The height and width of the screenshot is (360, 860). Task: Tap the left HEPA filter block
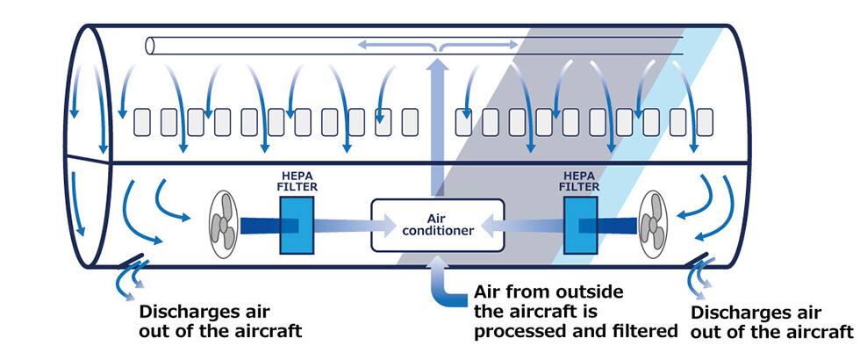(297, 225)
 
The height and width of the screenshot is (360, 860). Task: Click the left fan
(226, 225)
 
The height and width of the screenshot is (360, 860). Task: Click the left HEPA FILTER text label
(297, 182)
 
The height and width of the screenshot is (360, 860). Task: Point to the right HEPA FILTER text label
(580, 182)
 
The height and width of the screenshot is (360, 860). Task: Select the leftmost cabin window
(142, 122)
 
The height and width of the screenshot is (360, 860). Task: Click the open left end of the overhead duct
(150, 44)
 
